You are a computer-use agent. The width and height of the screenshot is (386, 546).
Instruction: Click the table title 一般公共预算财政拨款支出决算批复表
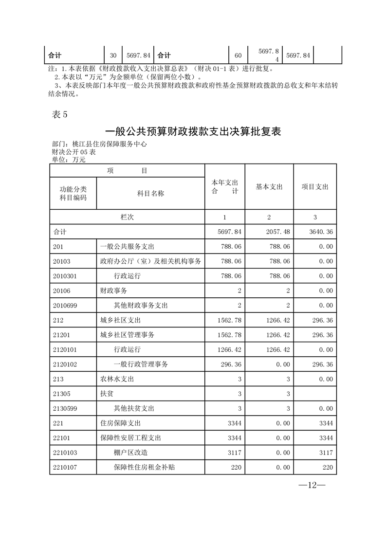point(193,131)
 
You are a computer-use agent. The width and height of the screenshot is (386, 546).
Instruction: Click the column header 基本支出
point(269,187)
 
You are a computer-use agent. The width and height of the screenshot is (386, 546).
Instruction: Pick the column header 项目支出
point(315,187)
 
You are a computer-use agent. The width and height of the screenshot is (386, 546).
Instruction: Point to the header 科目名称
point(150,193)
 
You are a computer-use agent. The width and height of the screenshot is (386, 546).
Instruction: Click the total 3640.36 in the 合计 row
point(321,232)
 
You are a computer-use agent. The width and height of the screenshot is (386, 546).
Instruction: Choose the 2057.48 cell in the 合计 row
point(278,232)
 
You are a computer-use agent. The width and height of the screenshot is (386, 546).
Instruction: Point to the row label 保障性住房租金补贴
point(144,468)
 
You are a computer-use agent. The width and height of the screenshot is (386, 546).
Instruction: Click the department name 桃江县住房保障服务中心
point(109,145)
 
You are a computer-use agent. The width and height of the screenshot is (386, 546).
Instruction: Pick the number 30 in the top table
point(113,55)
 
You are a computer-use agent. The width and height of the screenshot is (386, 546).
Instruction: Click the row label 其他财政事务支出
point(141,306)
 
